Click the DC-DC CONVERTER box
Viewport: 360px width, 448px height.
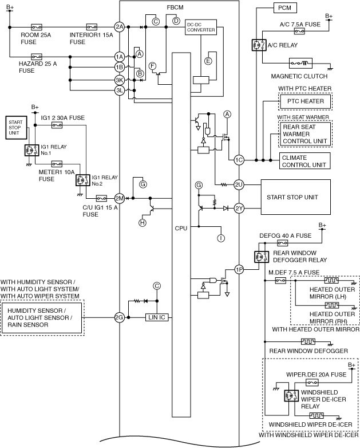click(x=201, y=27)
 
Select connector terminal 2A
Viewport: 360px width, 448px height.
click(x=120, y=27)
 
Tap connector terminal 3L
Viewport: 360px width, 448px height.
click(x=120, y=91)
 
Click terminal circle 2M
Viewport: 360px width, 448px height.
click(x=120, y=198)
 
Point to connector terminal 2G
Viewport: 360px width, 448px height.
click(x=120, y=317)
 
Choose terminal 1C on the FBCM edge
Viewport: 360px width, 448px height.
click(x=239, y=160)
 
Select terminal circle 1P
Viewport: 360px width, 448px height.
click(x=239, y=269)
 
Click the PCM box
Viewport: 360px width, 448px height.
click(x=285, y=7)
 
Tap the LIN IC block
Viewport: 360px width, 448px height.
click(x=157, y=317)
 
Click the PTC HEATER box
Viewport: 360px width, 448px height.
click(x=305, y=101)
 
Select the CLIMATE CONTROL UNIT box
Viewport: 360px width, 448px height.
click(x=304, y=161)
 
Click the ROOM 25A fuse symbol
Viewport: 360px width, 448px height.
click(x=36, y=27)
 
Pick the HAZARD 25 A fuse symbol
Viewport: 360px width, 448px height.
click(x=36, y=57)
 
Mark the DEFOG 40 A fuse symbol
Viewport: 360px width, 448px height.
click(x=283, y=243)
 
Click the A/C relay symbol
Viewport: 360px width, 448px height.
click(x=259, y=45)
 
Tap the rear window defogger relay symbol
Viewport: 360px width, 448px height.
click(x=262, y=257)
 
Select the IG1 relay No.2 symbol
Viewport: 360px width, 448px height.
click(x=83, y=180)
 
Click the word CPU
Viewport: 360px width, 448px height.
click(x=181, y=228)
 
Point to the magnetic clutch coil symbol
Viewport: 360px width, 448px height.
click(x=300, y=64)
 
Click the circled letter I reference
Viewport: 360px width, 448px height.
click(x=221, y=238)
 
